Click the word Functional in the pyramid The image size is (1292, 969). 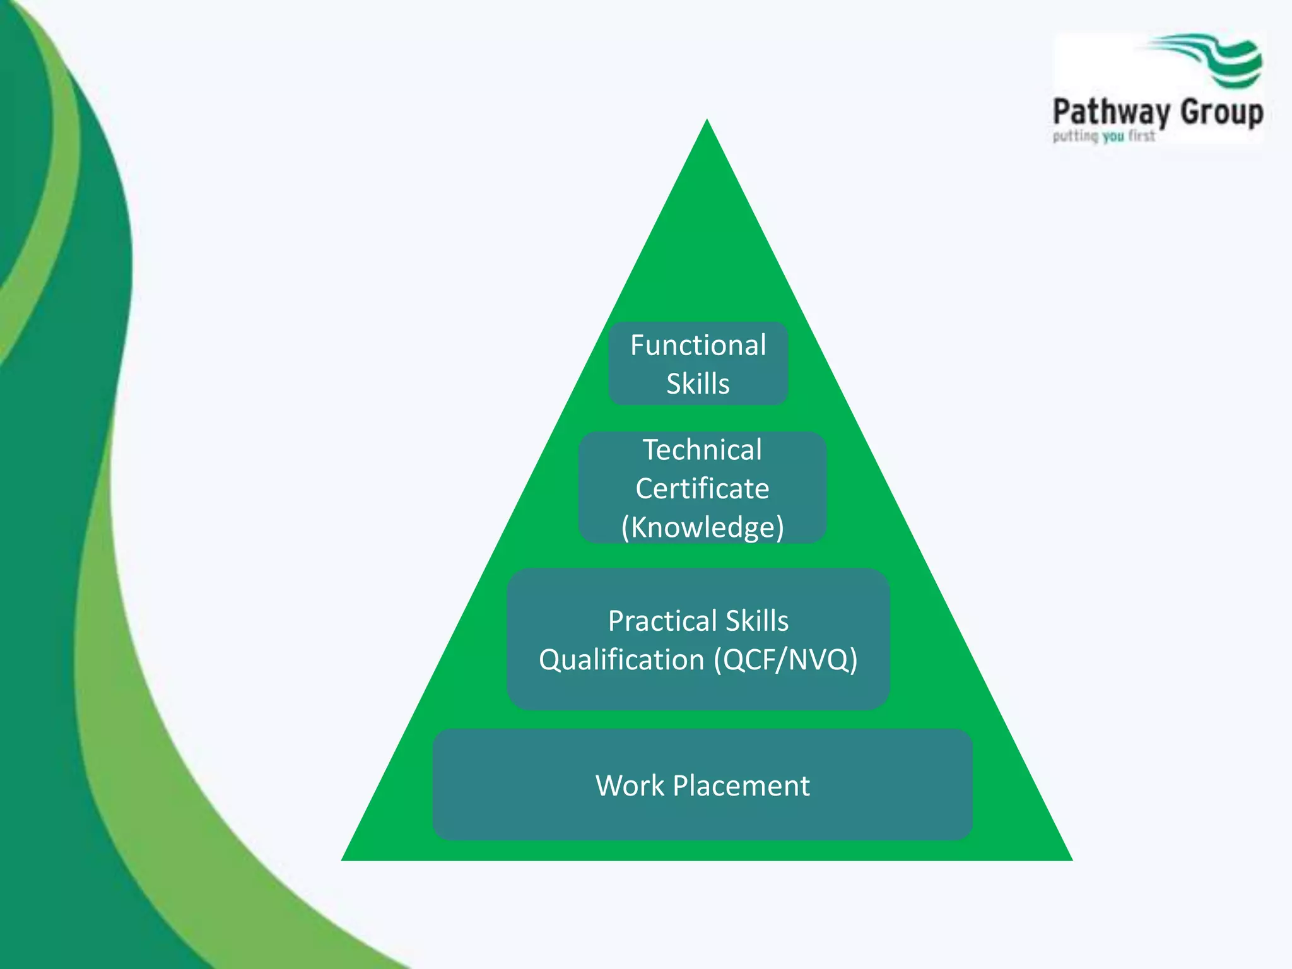pyautogui.click(x=698, y=346)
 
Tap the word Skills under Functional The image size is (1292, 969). pyautogui.click(x=698, y=384)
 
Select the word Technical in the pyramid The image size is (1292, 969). pyautogui.click(x=702, y=450)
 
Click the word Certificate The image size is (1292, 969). pyautogui.click(x=702, y=489)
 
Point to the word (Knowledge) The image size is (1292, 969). pyautogui.click(x=702, y=527)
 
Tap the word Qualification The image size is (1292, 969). pyautogui.click(x=621, y=660)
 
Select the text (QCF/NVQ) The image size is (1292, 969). pyautogui.click(x=785, y=660)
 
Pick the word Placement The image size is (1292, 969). pyautogui.click(x=741, y=786)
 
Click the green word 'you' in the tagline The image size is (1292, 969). pyautogui.click(x=1113, y=136)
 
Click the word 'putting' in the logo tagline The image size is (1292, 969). pyautogui.click(x=1076, y=136)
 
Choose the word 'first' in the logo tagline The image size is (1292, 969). pyautogui.click(x=1142, y=136)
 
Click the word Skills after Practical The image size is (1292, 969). pyautogui.click(x=757, y=621)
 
